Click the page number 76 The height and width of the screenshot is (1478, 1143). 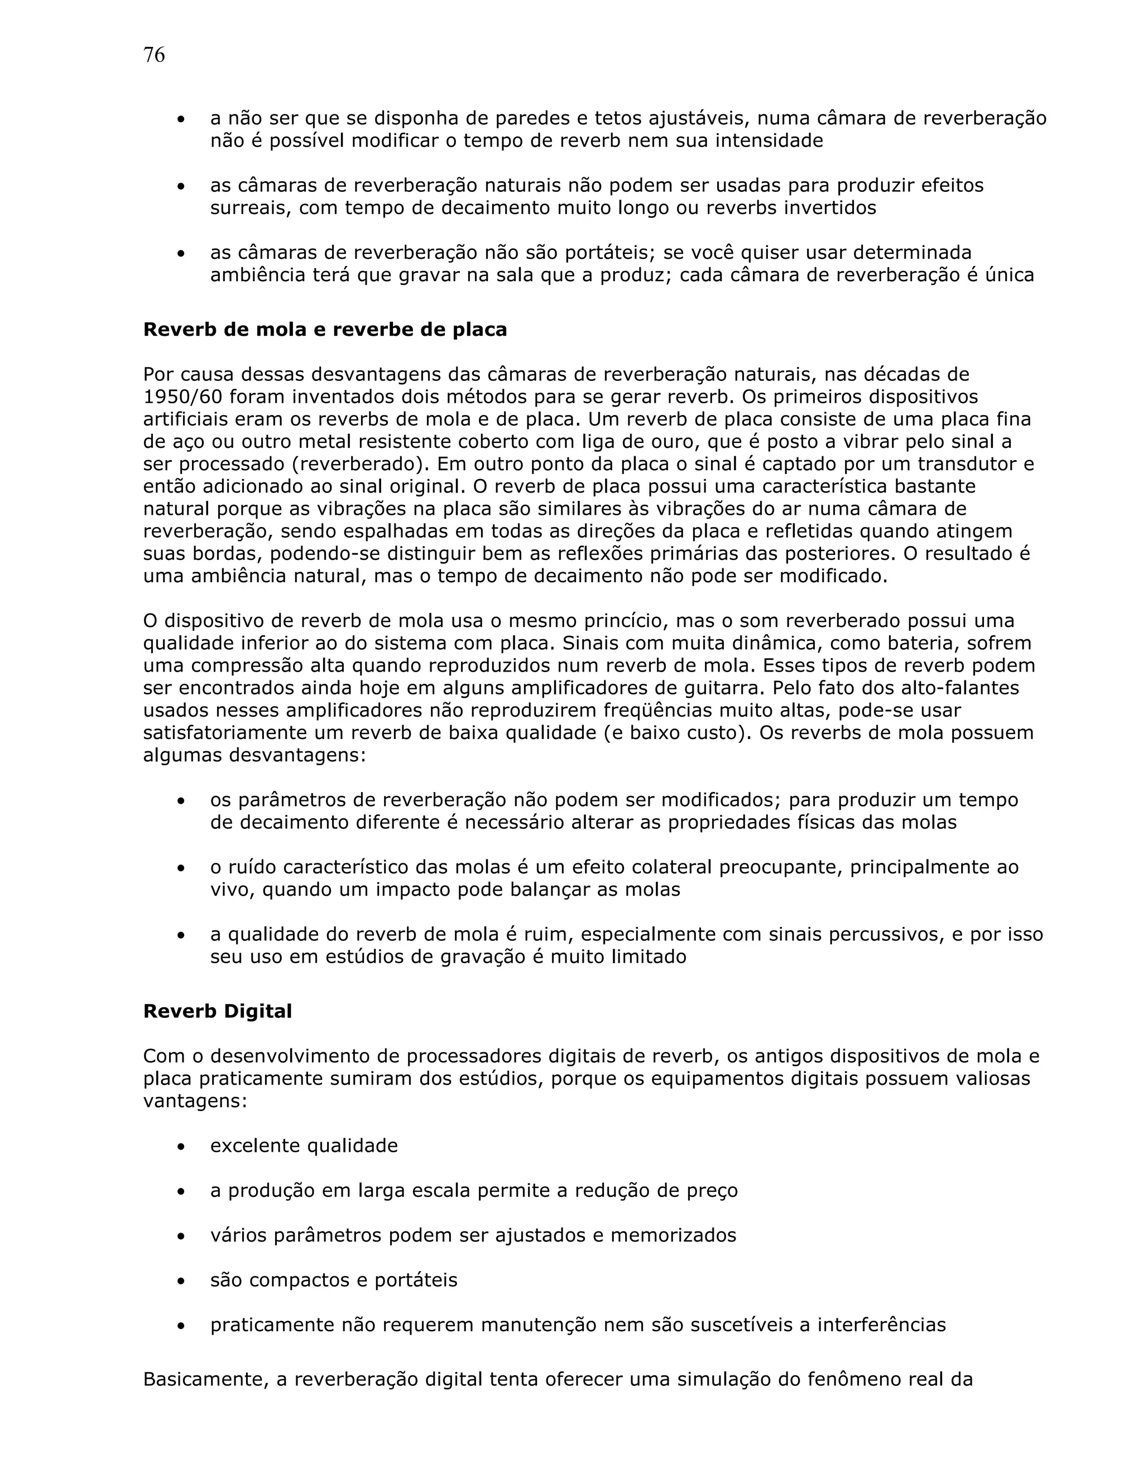tap(153, 55)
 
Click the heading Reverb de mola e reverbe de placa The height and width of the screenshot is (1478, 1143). tap(325, 330)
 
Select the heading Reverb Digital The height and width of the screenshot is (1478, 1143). tap(217, 1011)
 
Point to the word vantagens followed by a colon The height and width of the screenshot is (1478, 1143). tap(195, 1102)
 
